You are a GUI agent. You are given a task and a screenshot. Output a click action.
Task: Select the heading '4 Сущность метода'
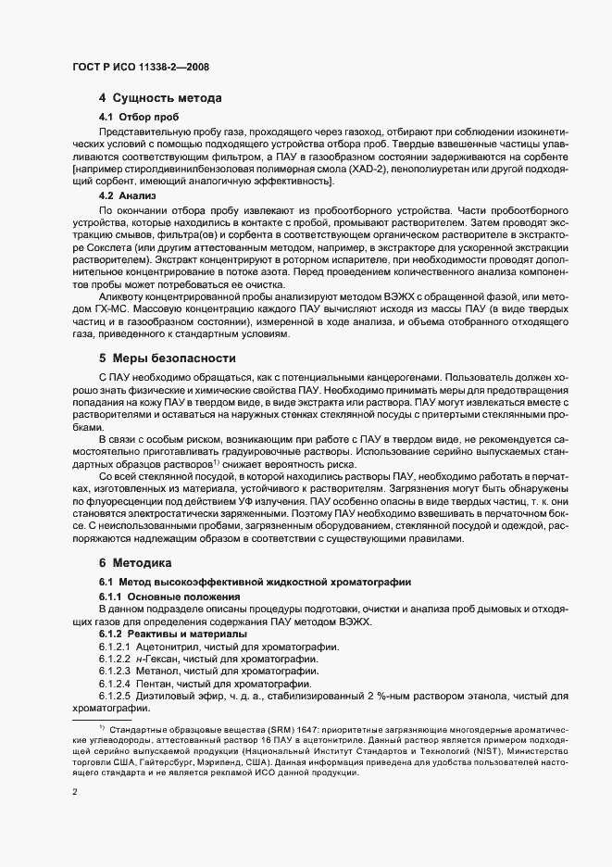160,97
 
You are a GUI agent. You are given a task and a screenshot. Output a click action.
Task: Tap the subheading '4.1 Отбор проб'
132,117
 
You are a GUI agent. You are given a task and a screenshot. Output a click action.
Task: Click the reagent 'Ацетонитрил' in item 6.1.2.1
169,645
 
